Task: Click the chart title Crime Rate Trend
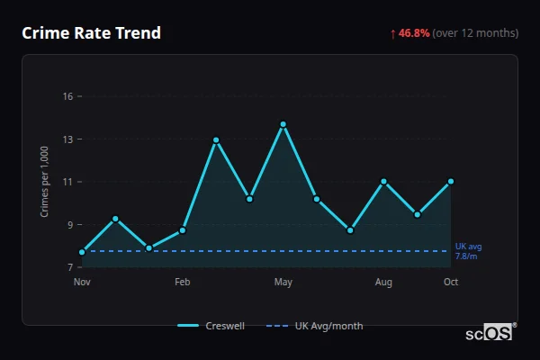click(91, 33)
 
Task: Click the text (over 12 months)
click(475, 33)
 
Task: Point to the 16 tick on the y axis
click(67, 96)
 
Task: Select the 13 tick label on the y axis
click(67, 139)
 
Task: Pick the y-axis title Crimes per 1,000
click(45, 181)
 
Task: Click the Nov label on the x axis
click(82, 283)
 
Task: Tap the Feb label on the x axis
click(183, 283)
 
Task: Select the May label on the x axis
click(283, 283)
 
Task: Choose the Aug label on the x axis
click(383, 283)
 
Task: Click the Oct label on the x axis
click(451, 283)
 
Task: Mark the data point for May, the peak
click(283, 124)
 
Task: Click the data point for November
click(82, 252)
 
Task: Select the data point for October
click(451, 182)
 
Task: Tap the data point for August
click(383, 182)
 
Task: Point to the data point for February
click(183, 230)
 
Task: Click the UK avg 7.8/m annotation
click(468, 251)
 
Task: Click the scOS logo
click(490, 333)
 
